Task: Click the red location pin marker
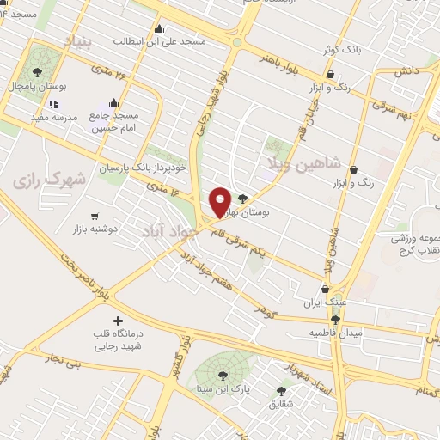[220, 201]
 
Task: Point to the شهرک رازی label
[52, 179]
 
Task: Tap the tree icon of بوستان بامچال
[37, 72]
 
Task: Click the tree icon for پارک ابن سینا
[223, 374]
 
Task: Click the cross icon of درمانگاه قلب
[118, 321]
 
